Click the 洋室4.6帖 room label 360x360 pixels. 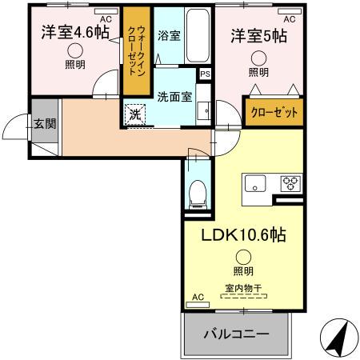74,33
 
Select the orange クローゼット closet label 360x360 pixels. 274,113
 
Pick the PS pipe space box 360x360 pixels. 206,74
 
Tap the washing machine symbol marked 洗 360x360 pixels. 135,114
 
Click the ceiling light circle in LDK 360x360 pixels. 242,256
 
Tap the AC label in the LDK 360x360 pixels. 198,298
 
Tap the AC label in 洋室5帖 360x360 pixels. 289,18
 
